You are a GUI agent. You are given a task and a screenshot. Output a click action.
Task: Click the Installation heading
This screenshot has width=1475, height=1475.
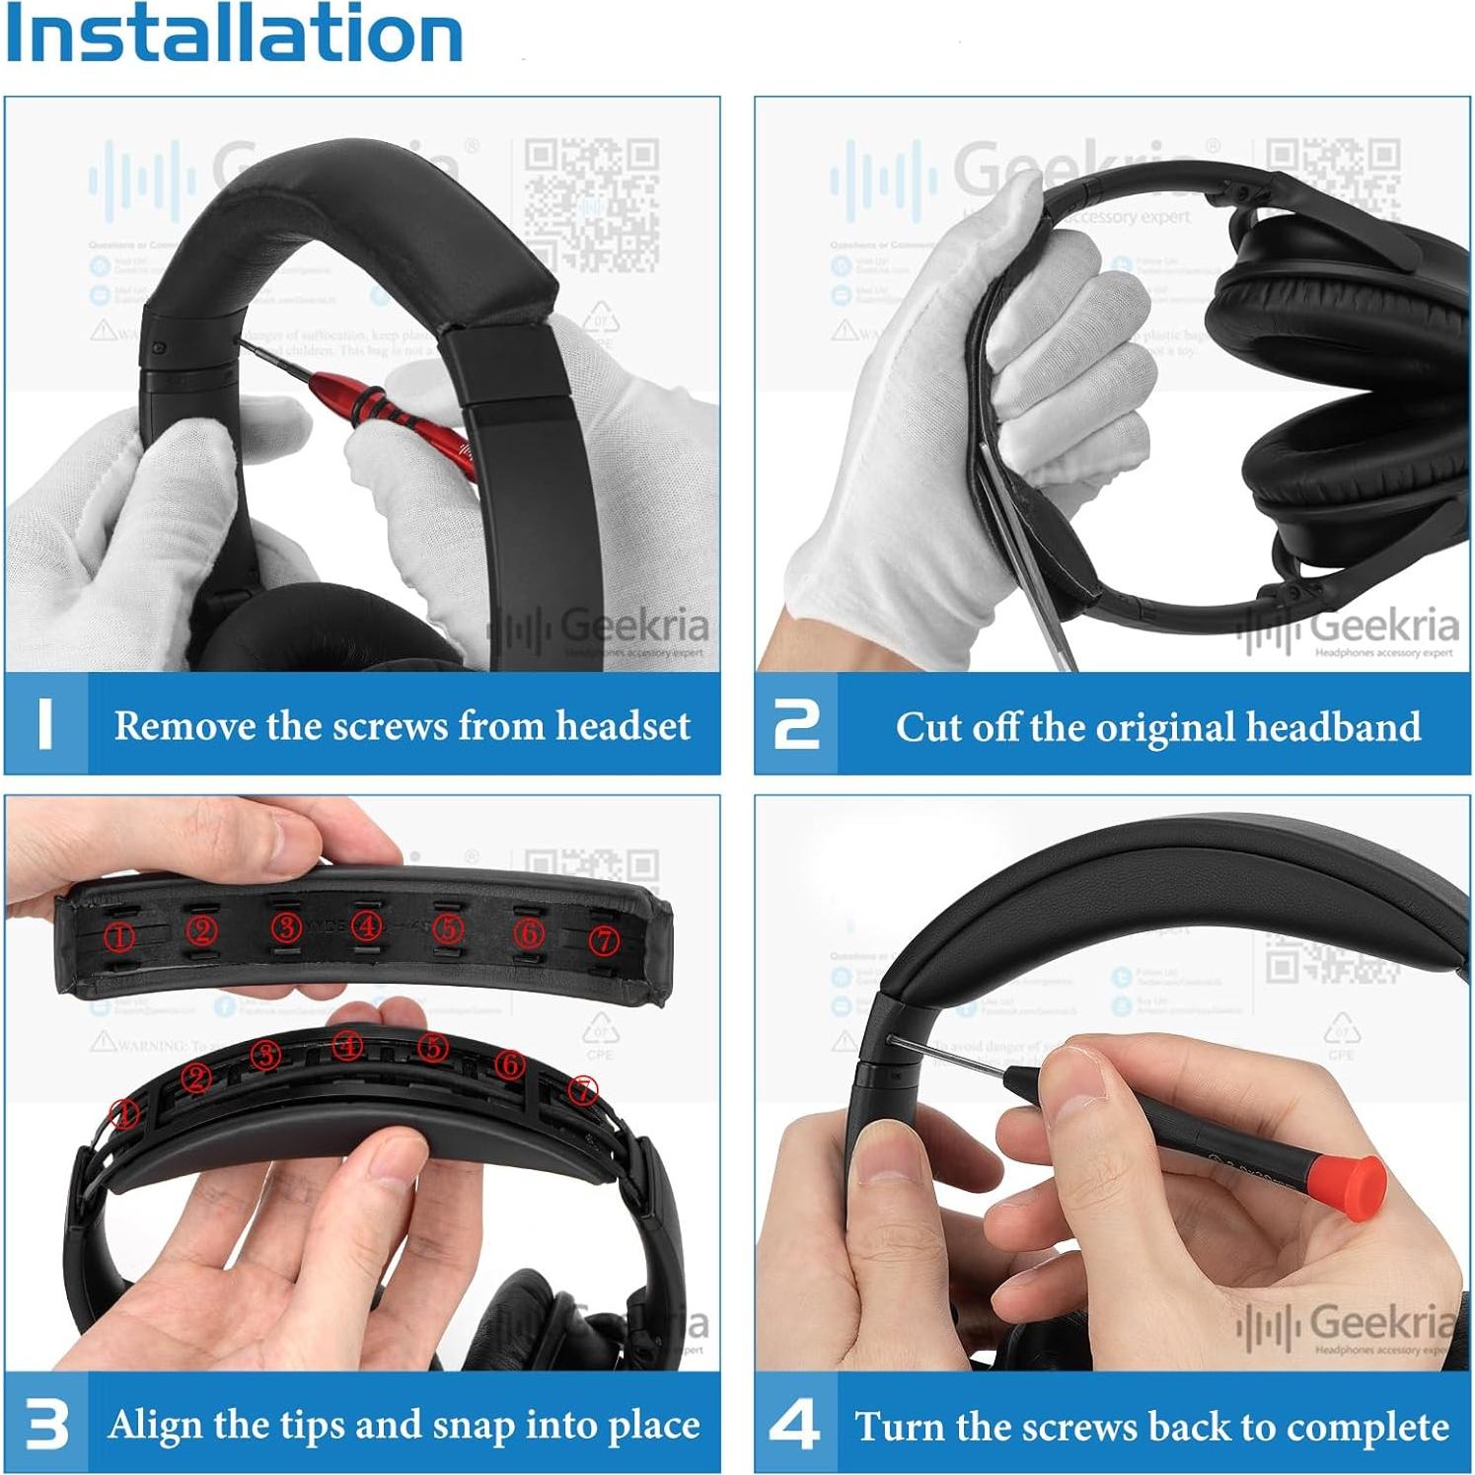(x=233, y=34)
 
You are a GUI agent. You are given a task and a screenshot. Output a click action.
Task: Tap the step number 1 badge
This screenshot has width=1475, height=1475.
(x=45, y=724)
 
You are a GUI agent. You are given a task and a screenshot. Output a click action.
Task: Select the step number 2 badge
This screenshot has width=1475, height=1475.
(x=796, y=725)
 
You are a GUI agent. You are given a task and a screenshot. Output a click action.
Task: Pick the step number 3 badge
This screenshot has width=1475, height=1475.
(x=46, y=1424)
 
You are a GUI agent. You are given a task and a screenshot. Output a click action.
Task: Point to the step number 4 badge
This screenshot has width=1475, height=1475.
(x=795, y=1425)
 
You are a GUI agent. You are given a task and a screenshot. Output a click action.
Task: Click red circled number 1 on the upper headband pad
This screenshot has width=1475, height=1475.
(x=120, y=935)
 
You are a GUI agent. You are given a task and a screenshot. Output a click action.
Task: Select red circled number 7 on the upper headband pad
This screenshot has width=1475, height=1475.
(x=603, y=940)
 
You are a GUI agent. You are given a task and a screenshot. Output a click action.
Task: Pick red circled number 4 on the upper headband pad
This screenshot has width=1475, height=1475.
(x=368, y=926)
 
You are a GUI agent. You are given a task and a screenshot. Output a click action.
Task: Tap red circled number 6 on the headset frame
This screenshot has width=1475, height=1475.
(x=509, y=1064)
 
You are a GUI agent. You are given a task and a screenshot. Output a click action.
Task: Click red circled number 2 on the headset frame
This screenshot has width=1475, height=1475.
(x=197, y=1078)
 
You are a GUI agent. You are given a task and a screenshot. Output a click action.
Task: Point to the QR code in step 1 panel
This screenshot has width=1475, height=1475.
(x=591, y=205)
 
